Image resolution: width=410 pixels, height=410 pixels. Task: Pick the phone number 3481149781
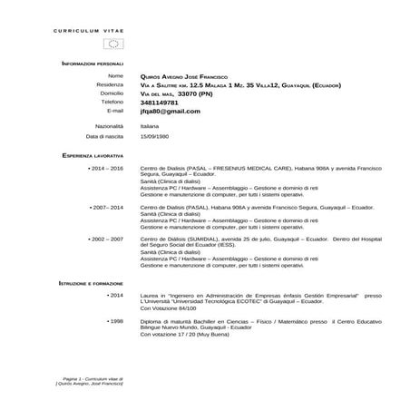pyautogui.click(x=165, y=102)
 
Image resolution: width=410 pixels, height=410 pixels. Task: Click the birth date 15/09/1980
pyautogui.click(x=154, y=135)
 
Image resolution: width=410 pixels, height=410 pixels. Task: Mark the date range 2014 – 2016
pyautogui.click(x=107, y=169)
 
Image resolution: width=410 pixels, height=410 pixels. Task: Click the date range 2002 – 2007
pyautogui.click(x=107, y=239)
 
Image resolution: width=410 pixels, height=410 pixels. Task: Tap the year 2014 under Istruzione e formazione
pyautogui.click(x=115, y=295)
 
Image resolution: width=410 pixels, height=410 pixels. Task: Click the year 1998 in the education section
pyautogui.click(x=115, y=320)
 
